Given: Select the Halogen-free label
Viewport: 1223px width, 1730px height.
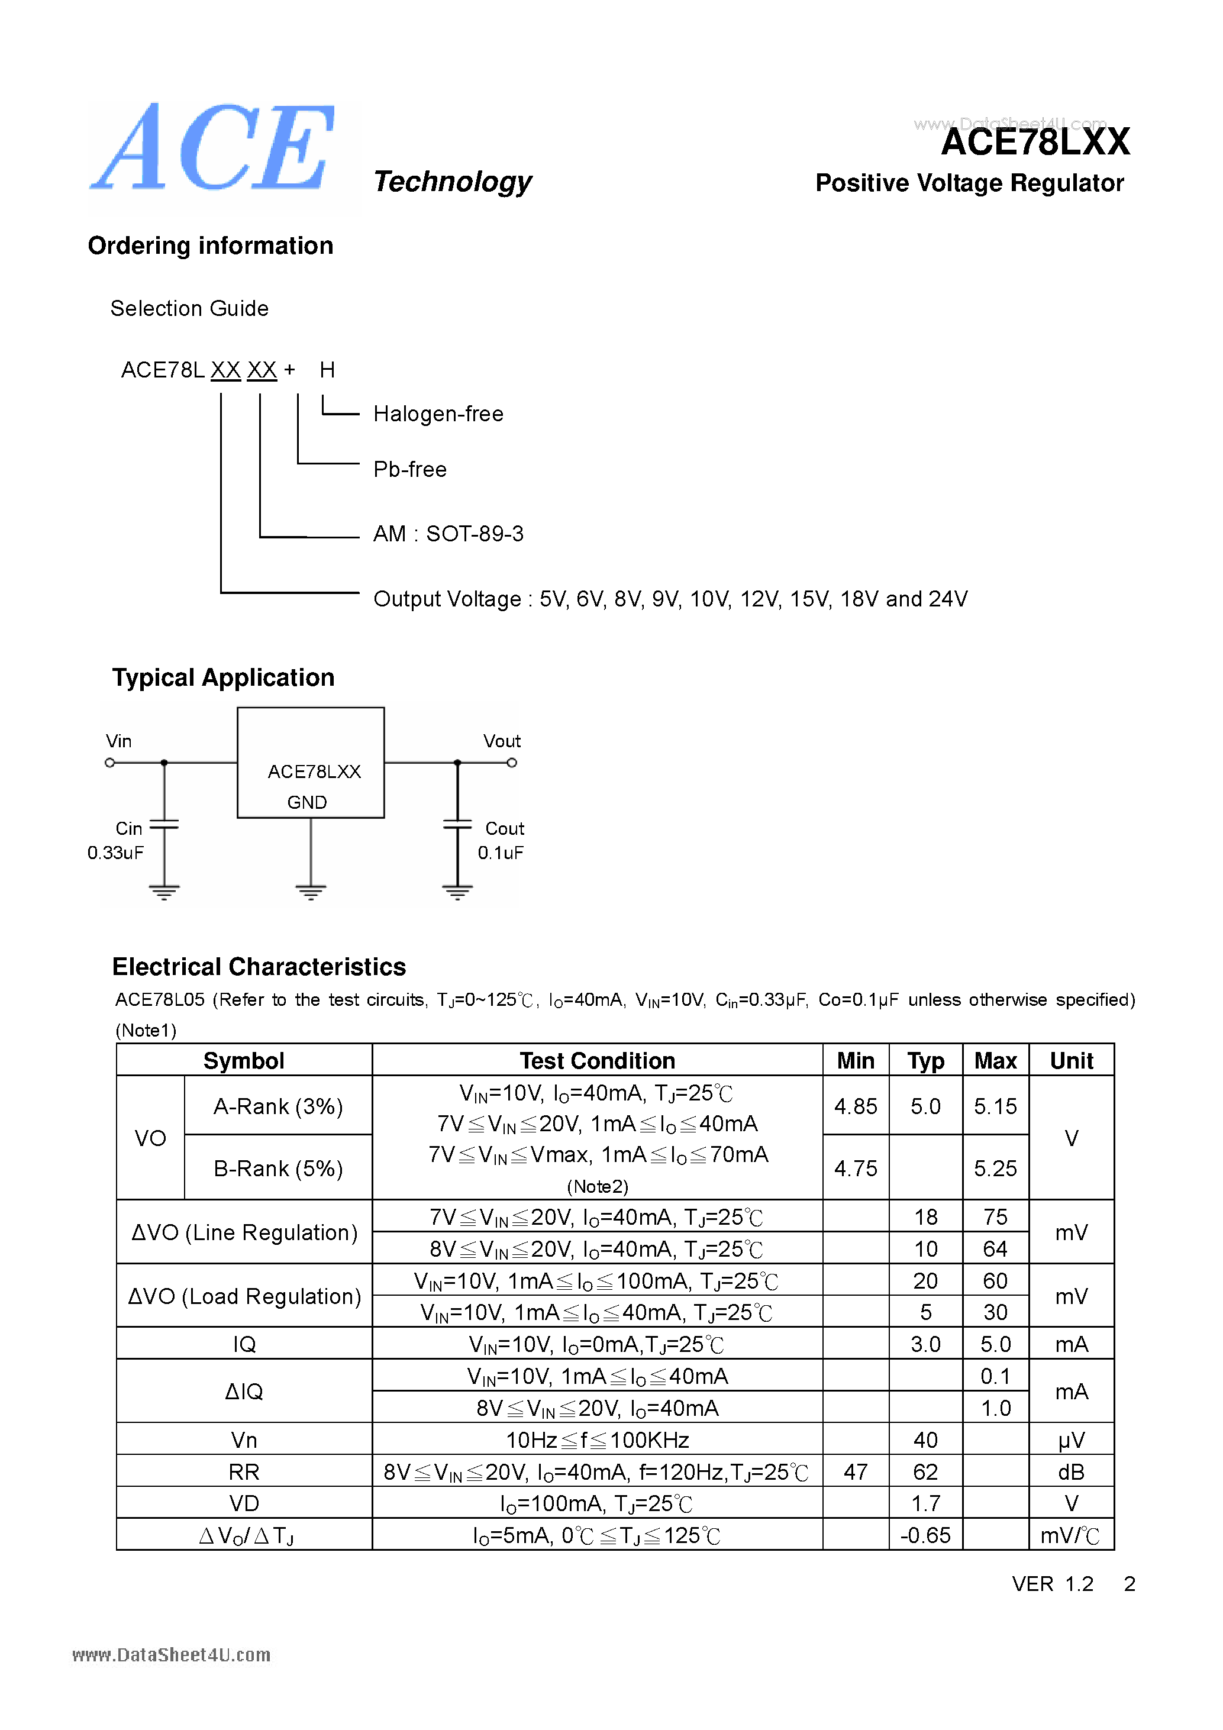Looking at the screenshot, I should (438, 414).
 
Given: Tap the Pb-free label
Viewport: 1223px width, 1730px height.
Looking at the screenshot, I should (410, 469).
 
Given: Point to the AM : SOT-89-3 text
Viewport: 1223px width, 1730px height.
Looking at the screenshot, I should (448, 534).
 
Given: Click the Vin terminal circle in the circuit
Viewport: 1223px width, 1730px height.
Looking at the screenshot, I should (110, 763).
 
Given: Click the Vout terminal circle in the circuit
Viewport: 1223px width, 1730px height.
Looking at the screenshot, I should (512, 763).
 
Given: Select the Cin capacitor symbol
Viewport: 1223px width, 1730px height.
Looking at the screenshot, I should (164, 825).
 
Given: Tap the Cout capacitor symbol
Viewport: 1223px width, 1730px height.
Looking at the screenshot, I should (457, 825).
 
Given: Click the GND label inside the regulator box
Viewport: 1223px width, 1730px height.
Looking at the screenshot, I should (306, 802).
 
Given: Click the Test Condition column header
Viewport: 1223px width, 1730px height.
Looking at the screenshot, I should (597, 1061).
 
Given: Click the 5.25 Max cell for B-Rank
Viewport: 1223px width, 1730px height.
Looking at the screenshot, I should (995, 1168).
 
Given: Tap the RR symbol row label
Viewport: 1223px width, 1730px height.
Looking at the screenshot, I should (244, 1471).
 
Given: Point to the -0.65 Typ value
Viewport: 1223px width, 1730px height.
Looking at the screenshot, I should (925, 1535).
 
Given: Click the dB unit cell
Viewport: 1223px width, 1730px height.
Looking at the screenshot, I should (1071, 1471).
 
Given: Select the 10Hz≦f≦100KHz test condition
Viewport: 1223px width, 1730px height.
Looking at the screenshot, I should (597, 1440).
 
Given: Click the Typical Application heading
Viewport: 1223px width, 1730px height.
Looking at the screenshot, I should (223, 677).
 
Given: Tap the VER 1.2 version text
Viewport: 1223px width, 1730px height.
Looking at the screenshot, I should (1052, 1584).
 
